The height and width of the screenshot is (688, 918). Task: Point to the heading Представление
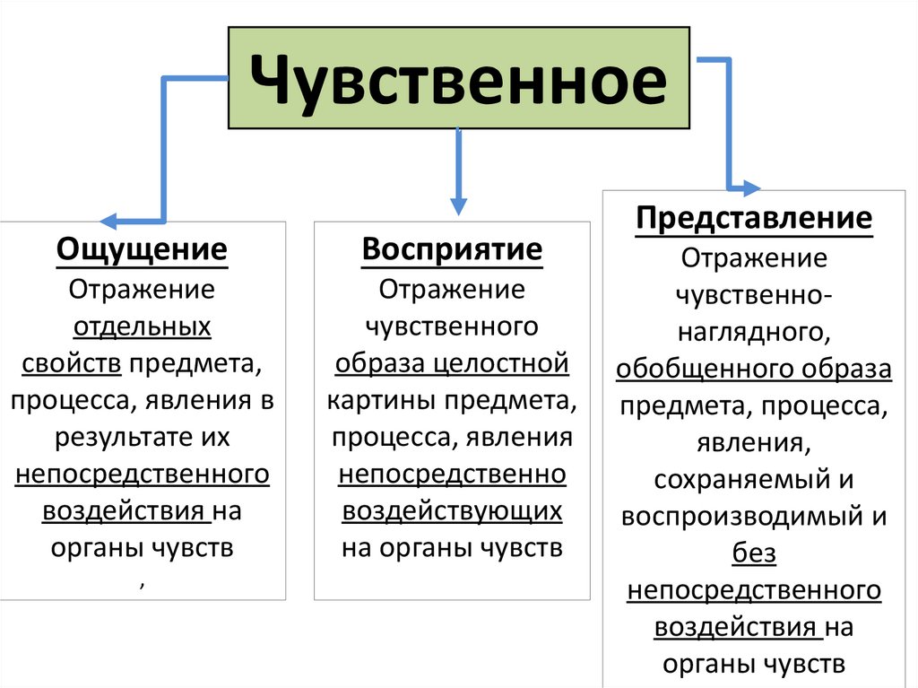point(753,218)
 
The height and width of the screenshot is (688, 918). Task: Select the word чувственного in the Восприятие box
point(452,327)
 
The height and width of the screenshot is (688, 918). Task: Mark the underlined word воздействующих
point(452,510)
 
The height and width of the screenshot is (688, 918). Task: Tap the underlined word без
point(753,554)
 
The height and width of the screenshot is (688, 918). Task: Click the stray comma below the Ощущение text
point(142,584)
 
